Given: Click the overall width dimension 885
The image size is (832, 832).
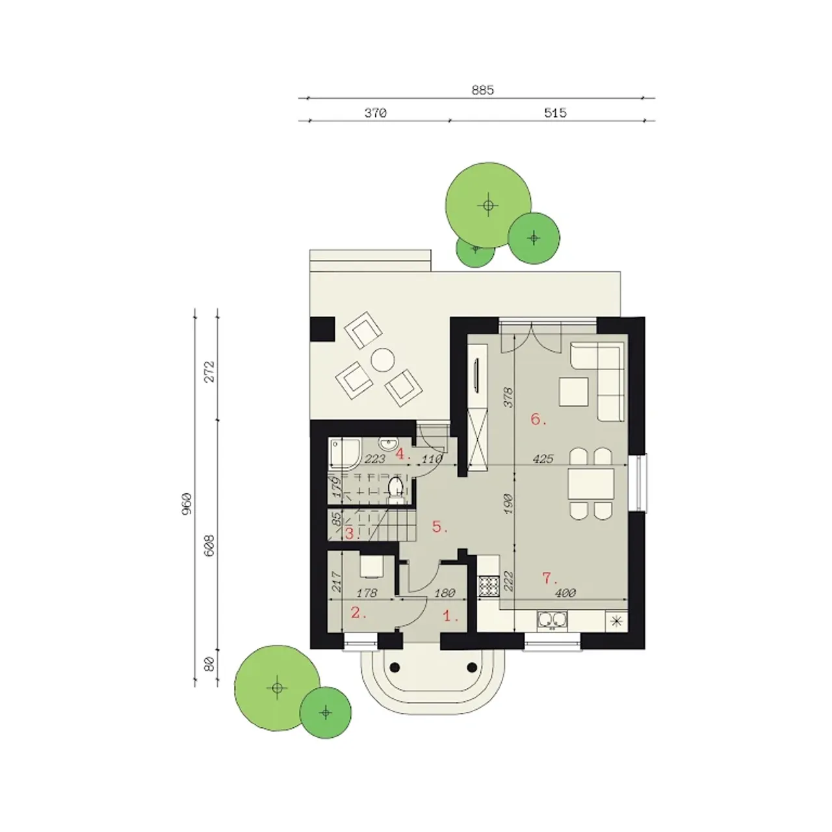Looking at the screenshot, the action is (x=482, y=90).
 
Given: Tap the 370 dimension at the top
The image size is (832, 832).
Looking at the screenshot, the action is (x=375, y=113).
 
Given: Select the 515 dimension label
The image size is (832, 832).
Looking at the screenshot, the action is (x=555, y=113).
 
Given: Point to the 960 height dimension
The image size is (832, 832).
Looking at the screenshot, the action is (x=187, y=504).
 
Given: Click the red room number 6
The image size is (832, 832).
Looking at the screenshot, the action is (x=538, y=419).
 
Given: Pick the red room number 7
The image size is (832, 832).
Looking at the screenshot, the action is (x=549, y=578).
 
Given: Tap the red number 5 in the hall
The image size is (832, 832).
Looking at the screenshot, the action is (x=439, y=526).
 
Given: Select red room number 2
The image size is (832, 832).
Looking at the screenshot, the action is (x=358, y=612).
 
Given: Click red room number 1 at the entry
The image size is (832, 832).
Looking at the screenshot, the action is (x=450, y=616).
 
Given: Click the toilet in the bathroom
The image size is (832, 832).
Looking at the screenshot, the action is (x=395, y=491).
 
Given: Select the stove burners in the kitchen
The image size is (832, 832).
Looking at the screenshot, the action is (x=489, y=587).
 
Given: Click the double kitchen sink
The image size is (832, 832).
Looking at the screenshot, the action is (x=552, y=621).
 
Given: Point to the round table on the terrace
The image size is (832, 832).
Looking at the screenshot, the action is (x=383, y=359).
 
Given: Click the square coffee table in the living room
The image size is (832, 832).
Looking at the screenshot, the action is (x=574, y=391).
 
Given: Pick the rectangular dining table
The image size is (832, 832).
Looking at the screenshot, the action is (x=591, y=484).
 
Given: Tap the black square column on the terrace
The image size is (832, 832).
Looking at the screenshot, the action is (x=322, y=330).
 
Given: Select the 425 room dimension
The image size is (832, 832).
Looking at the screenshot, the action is (x=543, y=459).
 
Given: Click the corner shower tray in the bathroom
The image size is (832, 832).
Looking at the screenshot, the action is (x=344, y=453).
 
